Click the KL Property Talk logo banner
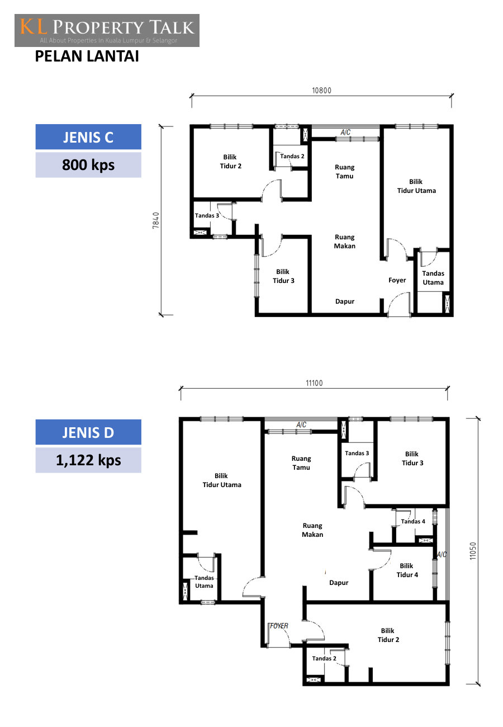point(107,30)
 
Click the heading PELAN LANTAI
point(87,56)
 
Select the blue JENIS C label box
point(88,136)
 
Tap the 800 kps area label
point(88,165)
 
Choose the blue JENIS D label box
point(88,432)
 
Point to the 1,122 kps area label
point(88,460)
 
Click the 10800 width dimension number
point(321,91)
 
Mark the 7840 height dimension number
point(156,220)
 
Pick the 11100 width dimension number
point(314,383)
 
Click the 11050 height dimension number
point(473,551)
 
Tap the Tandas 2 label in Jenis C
point(292,156)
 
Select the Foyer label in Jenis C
point(397,280)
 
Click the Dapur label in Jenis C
point(345,301)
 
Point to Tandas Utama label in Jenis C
point(433,278)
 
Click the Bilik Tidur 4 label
point(407,570)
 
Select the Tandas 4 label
point(413,521)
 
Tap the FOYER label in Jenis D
point(279,626)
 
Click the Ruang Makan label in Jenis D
point(312,530)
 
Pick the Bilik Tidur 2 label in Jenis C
point(230,161)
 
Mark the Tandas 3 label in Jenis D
point(357,453)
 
